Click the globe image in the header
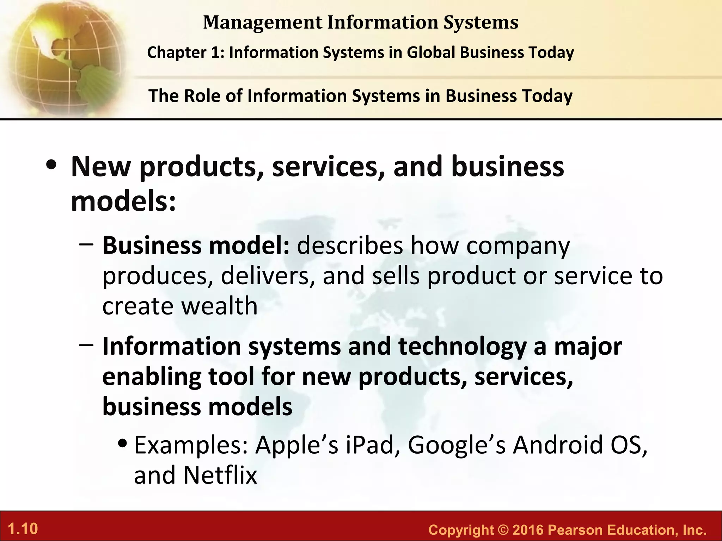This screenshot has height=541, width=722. point(63,58)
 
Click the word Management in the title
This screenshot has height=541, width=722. point(262,23)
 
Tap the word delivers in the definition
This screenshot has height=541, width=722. point(268,276)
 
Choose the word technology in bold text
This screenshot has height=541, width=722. point(462,347)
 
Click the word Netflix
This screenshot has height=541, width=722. point(220,475)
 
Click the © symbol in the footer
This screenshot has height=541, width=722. point(501,530)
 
